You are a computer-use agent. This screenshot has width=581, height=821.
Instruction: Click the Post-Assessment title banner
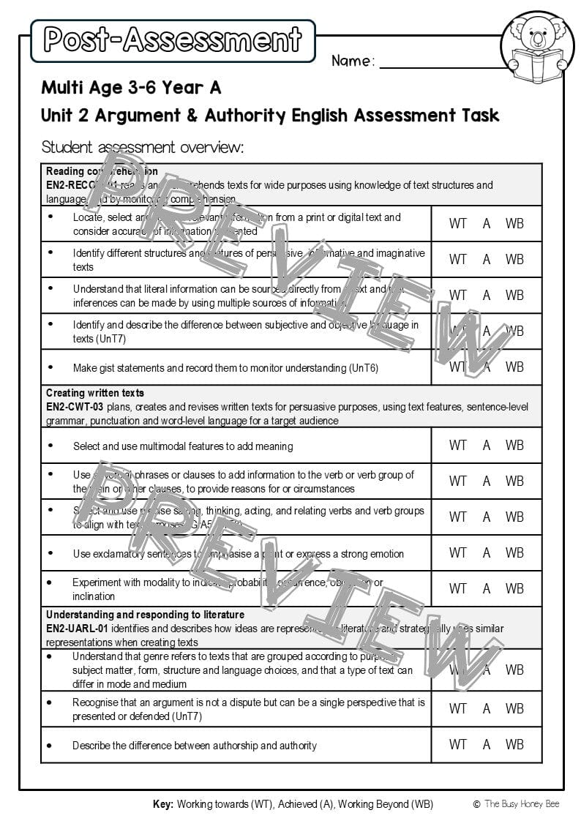173,40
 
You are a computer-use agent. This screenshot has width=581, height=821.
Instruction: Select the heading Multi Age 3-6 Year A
131,88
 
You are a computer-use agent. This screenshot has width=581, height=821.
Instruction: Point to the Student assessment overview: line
142,147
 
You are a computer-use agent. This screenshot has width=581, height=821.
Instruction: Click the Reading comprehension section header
102,171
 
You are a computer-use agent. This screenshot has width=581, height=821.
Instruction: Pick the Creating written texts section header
95,393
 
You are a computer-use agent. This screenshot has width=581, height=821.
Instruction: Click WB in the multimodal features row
514,445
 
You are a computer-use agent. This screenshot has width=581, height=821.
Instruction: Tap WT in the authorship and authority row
458,744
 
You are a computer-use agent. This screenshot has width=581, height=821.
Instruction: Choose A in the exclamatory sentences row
487,552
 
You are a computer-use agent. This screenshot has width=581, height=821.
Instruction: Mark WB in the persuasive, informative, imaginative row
514,259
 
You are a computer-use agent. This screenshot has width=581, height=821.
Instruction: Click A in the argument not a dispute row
487,708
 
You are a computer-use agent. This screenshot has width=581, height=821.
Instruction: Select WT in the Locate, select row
458,223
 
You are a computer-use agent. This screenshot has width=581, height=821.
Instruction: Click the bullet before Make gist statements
50,367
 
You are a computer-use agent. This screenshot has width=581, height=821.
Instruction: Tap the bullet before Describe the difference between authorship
50,745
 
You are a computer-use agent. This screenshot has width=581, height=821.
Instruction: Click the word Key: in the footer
163,804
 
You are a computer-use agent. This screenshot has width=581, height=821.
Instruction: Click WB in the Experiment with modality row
514,588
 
